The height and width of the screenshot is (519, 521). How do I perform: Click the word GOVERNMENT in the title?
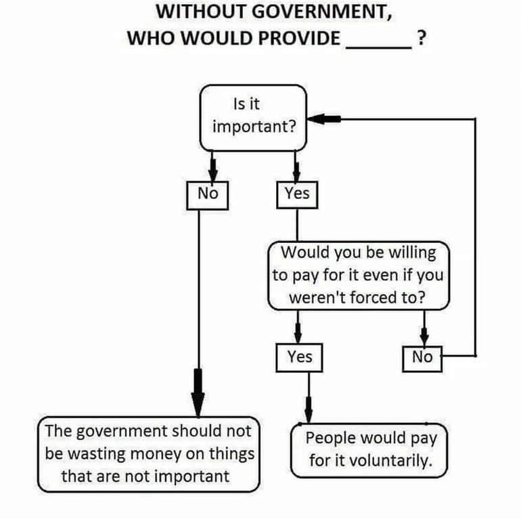click(x=321, y=12)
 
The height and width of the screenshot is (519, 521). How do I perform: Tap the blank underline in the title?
click(x=379, y=48)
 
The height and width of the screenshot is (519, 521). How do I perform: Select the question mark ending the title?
click(x=422, y=37)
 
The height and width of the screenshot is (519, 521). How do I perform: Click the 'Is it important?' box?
click(x=253, y=118)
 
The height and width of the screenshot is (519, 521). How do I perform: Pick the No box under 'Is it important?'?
click(x=207, y=196)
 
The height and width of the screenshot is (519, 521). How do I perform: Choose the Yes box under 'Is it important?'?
click(x=297, y=195)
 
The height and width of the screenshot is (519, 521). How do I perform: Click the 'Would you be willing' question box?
click(x=359, y=276)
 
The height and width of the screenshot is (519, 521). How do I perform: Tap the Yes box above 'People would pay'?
click(x=299, y=357)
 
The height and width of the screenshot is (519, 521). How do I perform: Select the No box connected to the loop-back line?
click(x=422, y=359)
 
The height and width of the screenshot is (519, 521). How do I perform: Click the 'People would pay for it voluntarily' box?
click(x=369, y=451)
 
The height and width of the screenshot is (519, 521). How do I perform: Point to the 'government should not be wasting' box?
click(x=149, y=454)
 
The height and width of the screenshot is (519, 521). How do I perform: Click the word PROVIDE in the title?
click(x=299, y=38)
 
